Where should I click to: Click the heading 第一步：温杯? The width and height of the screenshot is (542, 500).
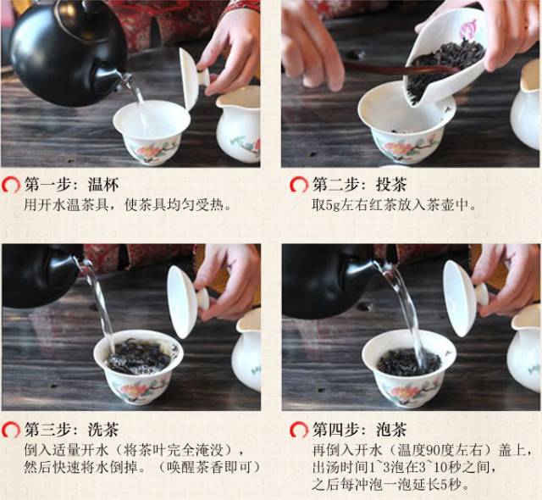click(x=71, y=185)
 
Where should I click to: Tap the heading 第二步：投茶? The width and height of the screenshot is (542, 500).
click(x=359, y=185)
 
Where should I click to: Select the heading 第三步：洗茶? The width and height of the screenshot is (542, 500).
click(x=71, y=430)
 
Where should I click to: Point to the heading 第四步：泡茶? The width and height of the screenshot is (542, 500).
click(x=359, y=430)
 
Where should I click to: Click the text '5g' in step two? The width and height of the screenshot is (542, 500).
click(x=333, y=205)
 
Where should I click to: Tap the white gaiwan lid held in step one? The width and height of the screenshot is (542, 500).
click(x=191, y=80)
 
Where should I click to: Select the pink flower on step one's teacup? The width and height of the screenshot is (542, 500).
click(x=148, y=152)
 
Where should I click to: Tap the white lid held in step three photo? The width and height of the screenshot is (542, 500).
click(x=184, y=302)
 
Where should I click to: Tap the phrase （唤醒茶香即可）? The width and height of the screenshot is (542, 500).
click(x=209, y=468)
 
